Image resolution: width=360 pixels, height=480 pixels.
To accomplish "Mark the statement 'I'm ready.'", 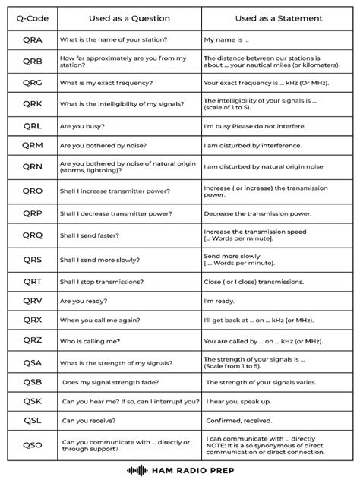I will tap(220, 301).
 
